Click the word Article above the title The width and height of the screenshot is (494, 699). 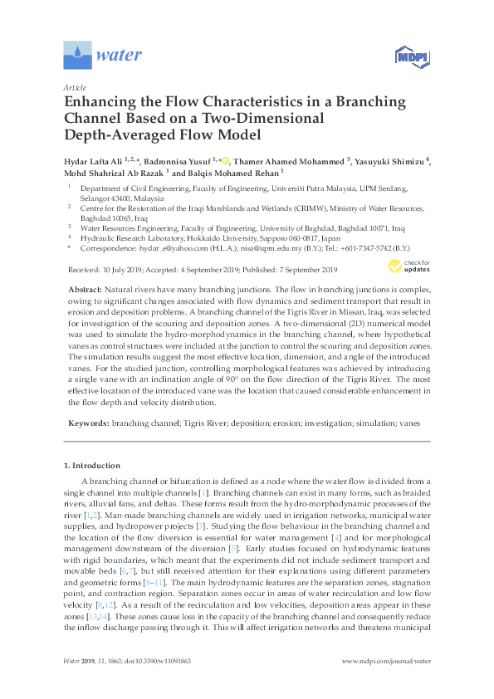(75, 87)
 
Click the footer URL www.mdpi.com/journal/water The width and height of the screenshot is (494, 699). (387, 684)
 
